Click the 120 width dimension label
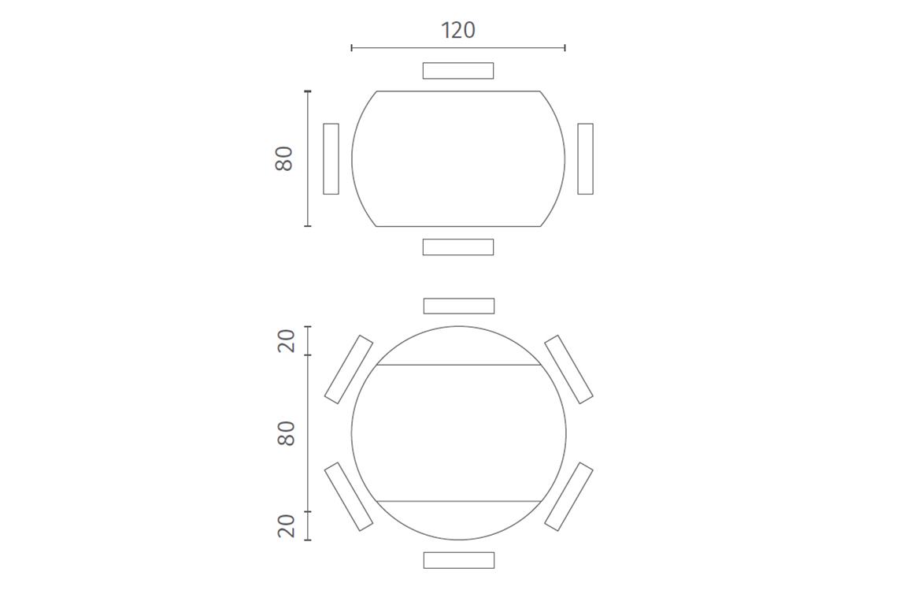click(458, 30)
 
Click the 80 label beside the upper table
click(284, 158)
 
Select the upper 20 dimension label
click(287, 340)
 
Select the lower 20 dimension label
click(287, 525)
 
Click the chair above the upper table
click(458, 71)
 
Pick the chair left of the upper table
click(331, 158)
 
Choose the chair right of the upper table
click(586, 158)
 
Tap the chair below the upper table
click(458, 247)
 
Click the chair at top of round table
click(459, 306)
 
